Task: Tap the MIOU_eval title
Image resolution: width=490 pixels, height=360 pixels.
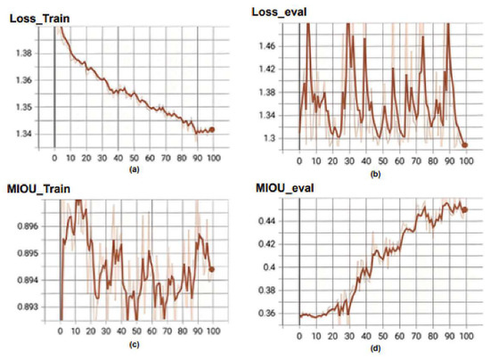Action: [x=283, y=187]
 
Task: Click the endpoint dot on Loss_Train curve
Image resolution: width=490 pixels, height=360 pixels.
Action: [x=211, y=129]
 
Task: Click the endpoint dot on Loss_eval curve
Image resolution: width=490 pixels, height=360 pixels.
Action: [x=464, y=144]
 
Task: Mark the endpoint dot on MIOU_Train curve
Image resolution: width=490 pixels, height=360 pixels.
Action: [x=211, y=268]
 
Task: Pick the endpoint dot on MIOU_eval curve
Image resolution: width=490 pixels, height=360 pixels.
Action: [x=464, y=210]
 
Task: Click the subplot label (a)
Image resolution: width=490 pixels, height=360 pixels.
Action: [x=134, y=168]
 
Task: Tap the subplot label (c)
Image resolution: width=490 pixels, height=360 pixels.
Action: [x=134, y=345]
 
